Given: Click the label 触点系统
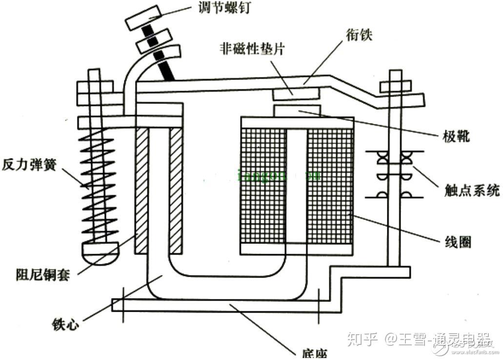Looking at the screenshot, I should [472, 190].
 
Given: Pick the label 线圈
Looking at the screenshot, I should [458, 241].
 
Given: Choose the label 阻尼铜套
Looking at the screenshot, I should [42, 274].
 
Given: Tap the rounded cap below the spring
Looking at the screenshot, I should [100, 252].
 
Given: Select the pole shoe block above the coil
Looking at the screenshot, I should [297, 111].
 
